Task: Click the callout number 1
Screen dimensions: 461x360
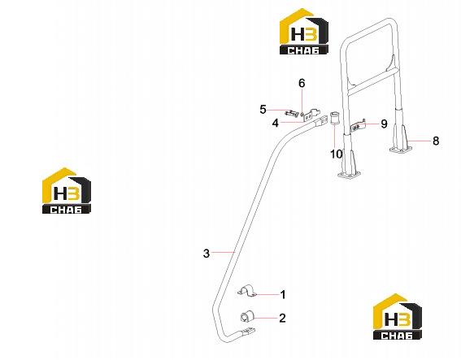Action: click(x=283, y=294)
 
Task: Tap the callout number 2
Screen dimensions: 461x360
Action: click(x=282, y=318)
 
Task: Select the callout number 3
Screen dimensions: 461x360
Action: click(x=207, y=253)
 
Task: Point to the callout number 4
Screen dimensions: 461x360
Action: click(x=275, y=124)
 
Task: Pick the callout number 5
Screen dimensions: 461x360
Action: click(x=263, y=110)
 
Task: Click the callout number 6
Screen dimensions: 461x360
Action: click(x=302, y=83)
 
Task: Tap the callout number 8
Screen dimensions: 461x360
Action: click(x=436, y=141)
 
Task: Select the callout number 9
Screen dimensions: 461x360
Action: click(x=384, y=124)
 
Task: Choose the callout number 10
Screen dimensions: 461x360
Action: click(x=337, y=154)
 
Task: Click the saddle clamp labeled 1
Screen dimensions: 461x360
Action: click(x=247, y=291)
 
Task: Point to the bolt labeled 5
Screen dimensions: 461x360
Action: click(x=291, y=113)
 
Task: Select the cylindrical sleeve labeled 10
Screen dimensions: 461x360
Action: click(x=334, y=118)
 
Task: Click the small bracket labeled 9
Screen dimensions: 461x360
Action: click(x=358, y=126)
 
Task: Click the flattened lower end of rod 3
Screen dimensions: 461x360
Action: click(x=247, y=332)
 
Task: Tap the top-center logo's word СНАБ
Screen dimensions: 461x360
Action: click(x=303, y=50)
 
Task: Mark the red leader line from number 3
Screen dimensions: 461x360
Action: click(x=224, y=252)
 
